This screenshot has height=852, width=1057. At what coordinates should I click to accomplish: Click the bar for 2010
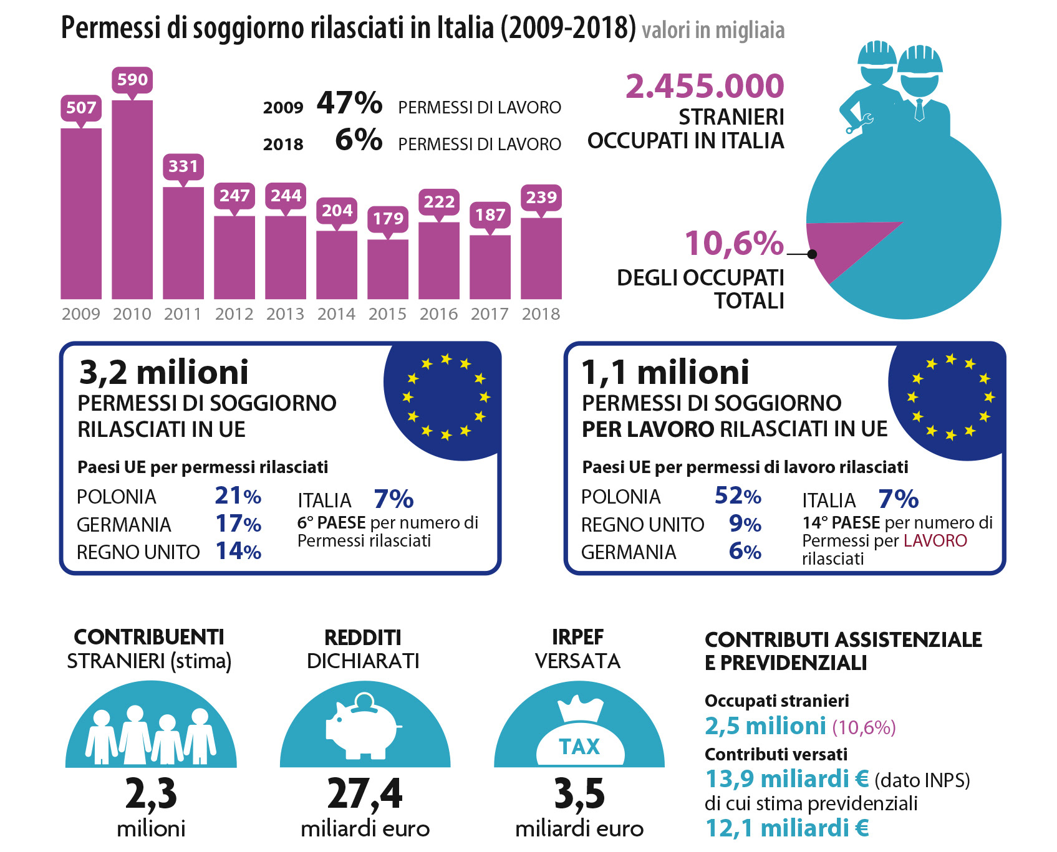pos(132,199)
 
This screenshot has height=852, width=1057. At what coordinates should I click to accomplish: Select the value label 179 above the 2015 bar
pos(388,219)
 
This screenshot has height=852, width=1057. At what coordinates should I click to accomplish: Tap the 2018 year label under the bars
pos(541,314)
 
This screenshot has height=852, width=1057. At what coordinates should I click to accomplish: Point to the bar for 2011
pos(183,243)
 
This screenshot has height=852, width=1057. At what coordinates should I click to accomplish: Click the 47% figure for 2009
pos(349,103)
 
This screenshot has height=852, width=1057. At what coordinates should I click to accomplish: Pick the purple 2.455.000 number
pos(705,86)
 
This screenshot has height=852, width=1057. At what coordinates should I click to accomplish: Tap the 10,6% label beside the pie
pos(734,243)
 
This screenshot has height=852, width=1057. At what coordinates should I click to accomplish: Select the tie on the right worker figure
pos(919,110)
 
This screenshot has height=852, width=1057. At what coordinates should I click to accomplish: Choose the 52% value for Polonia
pos(738,496)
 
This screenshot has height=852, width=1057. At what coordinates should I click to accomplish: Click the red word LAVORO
pos(935,540)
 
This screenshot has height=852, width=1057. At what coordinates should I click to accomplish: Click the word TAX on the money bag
pos(579,747)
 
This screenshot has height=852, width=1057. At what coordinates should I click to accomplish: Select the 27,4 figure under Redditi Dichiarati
pos(365,794)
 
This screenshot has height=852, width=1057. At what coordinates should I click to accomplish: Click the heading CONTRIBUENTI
pos(149,637)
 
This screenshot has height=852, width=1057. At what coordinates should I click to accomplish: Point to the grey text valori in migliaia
pos(713,31)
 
